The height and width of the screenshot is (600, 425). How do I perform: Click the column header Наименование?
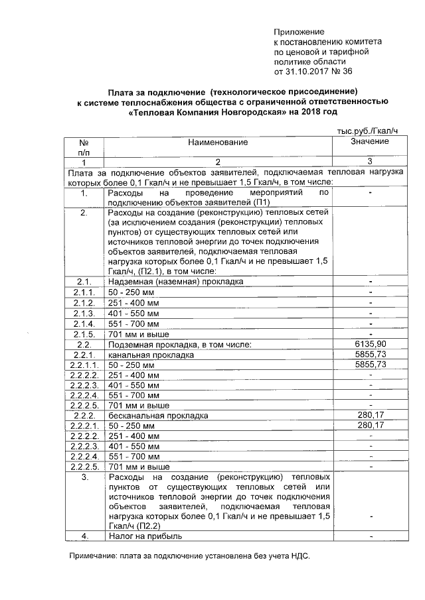217,143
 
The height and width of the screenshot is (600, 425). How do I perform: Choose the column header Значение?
370,142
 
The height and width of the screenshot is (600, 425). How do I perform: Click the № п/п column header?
84,147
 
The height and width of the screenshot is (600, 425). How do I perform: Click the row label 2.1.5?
84,335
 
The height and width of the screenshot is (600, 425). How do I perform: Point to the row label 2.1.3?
84,314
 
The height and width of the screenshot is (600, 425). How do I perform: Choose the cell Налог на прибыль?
145,536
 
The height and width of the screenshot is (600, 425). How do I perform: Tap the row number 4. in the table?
84,536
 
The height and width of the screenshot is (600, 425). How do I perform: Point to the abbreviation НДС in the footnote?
301,557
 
